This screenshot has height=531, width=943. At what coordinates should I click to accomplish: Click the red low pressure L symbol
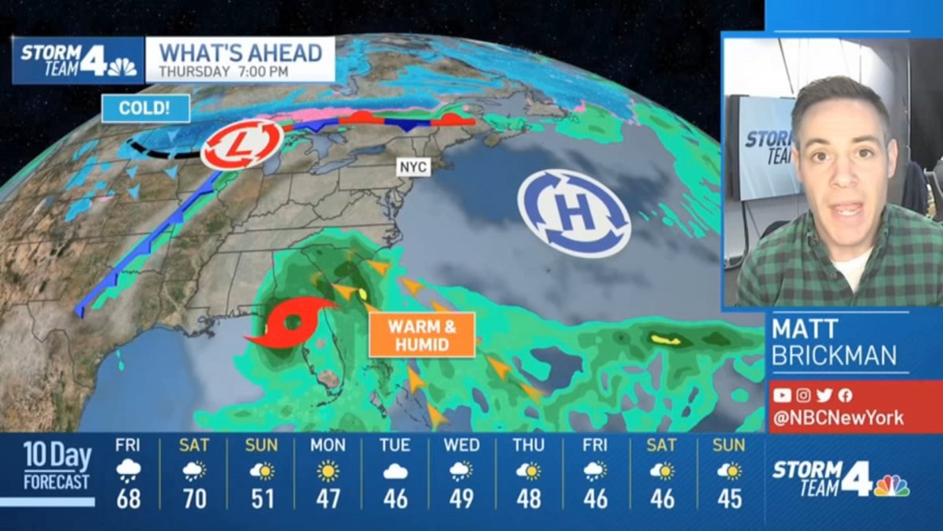241,144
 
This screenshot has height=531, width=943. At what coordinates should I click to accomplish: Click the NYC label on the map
413,168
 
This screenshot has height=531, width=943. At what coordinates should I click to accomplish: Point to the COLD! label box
145,108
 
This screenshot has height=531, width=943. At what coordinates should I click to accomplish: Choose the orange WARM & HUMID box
422,334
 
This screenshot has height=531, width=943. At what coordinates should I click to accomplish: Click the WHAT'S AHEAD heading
241,53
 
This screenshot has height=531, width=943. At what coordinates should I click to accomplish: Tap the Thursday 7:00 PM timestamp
223,72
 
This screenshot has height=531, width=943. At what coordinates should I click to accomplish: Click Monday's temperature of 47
328,499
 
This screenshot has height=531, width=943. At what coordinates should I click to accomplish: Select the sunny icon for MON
328,472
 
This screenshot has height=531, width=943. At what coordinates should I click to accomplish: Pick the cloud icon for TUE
394,472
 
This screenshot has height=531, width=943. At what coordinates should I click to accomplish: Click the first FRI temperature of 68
128,499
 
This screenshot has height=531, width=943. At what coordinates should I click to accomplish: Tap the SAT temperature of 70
194,499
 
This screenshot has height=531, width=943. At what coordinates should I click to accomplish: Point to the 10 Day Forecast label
57,466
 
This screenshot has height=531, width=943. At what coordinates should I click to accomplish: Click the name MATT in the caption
805,329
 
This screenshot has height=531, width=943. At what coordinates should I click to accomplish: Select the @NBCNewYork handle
837,418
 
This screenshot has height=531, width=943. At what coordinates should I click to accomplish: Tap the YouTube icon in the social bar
781,396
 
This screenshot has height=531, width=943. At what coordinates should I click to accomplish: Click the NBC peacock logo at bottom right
891,485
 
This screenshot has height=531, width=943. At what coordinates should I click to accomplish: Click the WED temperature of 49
461,499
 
